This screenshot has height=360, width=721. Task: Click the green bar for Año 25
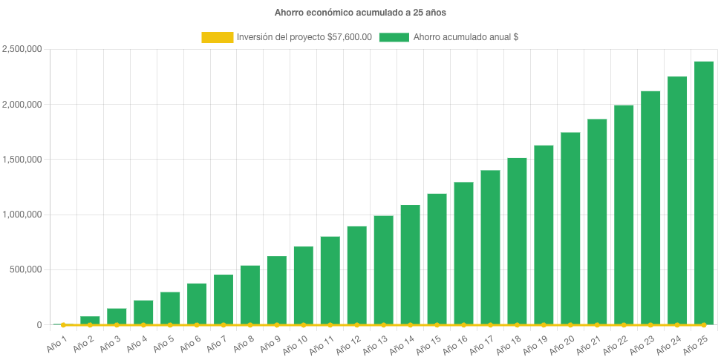[x=703, y=193]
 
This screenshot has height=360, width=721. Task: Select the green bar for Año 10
[x=303, y=286]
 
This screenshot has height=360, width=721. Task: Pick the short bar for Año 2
[x=90, y=320]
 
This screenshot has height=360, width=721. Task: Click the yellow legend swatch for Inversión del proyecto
[x=217, y=37]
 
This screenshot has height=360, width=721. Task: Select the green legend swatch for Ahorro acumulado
[x=394, y=37]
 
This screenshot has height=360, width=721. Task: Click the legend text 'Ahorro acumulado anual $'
[x=466, y=37]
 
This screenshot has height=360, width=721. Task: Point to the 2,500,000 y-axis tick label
[x=22, y=50]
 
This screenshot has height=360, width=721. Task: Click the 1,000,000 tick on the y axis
[x=22, y=215]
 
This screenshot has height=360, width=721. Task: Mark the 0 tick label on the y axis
[x=39, y=324]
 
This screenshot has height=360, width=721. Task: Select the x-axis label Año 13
[x=376, y=344]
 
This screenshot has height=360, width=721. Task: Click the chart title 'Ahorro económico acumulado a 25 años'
[x=360, y=13]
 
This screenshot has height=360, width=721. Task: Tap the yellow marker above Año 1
[x=63, y=324]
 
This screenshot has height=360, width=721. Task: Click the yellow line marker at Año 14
[x=410, y=324]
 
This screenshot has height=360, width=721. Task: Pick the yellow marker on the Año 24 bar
[x=676, y=324]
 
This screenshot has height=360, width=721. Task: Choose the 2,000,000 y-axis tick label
[x=22, y=105]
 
